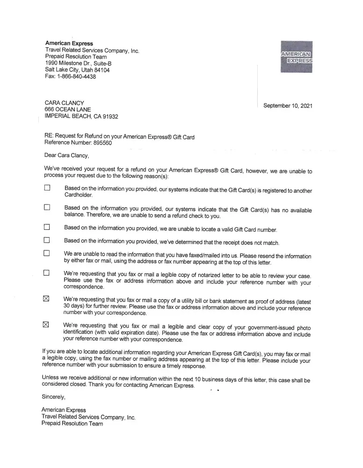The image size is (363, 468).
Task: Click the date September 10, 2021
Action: pyautogui.click(x=288, y=106)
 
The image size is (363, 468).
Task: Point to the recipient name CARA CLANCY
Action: pyautogui.click(x=64, y=103)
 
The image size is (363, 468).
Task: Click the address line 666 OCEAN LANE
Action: pyautogui.click(x=67, y=110)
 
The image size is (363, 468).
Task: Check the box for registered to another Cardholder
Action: pyautogui.click(x=47, y=188)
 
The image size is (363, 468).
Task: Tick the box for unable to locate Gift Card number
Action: pyautogui.click(x=47, y=227)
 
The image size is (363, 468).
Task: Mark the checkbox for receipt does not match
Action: pyautogui.click(x=47, y=240)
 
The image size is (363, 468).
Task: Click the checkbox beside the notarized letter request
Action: pyautogui.click(x=47, y=272)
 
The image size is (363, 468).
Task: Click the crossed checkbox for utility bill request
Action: pyautogui.click(x=46, y=299)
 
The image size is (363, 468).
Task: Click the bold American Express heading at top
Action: pyautogui.click(x=69, y=44)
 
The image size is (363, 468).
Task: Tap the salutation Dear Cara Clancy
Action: pyautogui.click(x=66, y=155)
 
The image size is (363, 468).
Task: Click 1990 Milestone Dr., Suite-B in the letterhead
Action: pyautogui.click(x=79, y=63)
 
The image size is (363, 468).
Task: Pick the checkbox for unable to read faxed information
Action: pyautogui.click(x=47, y=253)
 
